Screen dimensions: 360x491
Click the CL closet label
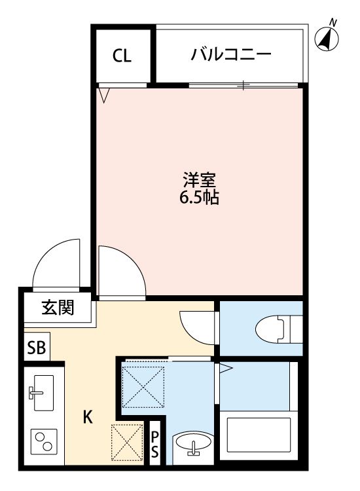pos(122,56)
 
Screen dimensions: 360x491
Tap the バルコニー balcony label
pos(231,55)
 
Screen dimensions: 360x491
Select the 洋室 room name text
pos(200,180)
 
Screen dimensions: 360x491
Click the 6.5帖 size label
pos(199,197)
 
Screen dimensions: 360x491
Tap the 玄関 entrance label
pos(58,307)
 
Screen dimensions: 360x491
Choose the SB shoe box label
pos(37,347)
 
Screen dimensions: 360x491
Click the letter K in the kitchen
pos(88,417)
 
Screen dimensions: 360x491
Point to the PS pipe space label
pos(155,445)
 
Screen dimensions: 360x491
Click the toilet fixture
pos(279,329)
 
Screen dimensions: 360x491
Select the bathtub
pos(259,435)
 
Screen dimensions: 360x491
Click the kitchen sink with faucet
pos(42,393)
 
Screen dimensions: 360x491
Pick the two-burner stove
pos(44,441)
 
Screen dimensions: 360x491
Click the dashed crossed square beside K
pos(127,442)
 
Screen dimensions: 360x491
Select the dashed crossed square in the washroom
pos(143,387)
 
